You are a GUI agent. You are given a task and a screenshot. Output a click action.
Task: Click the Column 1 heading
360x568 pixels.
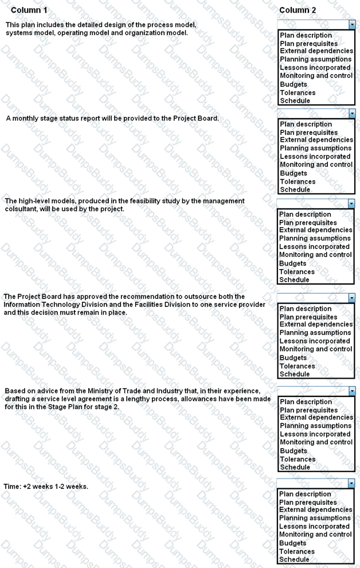click(x=29, y=10)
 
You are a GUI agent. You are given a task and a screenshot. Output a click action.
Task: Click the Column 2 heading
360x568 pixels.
click(x=298, y=10)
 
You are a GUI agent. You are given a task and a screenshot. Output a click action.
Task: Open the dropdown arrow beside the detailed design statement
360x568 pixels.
click(x=351, y=25)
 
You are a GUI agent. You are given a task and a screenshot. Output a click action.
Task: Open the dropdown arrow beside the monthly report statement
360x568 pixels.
click(x=351, y=114)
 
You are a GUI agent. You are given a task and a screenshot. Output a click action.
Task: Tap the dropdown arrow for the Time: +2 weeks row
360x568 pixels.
click(x=351, y=484)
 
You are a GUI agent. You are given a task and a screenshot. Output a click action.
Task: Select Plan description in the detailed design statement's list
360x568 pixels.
click(x=306, y=36)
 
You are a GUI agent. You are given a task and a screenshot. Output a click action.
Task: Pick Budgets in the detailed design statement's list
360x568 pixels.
click(x=294, y=84)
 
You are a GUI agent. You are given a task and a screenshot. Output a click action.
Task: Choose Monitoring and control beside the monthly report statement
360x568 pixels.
click(x=316, y=165)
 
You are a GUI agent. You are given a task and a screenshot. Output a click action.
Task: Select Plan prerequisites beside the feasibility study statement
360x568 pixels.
click(x=308, y=223)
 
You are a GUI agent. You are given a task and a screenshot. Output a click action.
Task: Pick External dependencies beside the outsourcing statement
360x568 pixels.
click(x=316, y=325)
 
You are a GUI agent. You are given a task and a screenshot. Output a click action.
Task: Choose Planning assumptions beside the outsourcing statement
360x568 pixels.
click(x=315, y=333)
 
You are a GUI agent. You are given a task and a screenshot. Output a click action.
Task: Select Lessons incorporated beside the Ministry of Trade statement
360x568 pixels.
click(x=315, y=434)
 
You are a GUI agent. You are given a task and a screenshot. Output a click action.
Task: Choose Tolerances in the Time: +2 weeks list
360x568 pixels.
click(x=297, y=551)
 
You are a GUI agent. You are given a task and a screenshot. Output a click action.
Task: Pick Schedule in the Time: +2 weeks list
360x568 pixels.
click(x=294, y=559)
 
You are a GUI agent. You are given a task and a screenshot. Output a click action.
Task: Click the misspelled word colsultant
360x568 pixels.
click(x=22, y=209)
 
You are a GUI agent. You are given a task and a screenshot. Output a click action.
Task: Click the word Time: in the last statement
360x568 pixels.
click(x=13, y=487)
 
